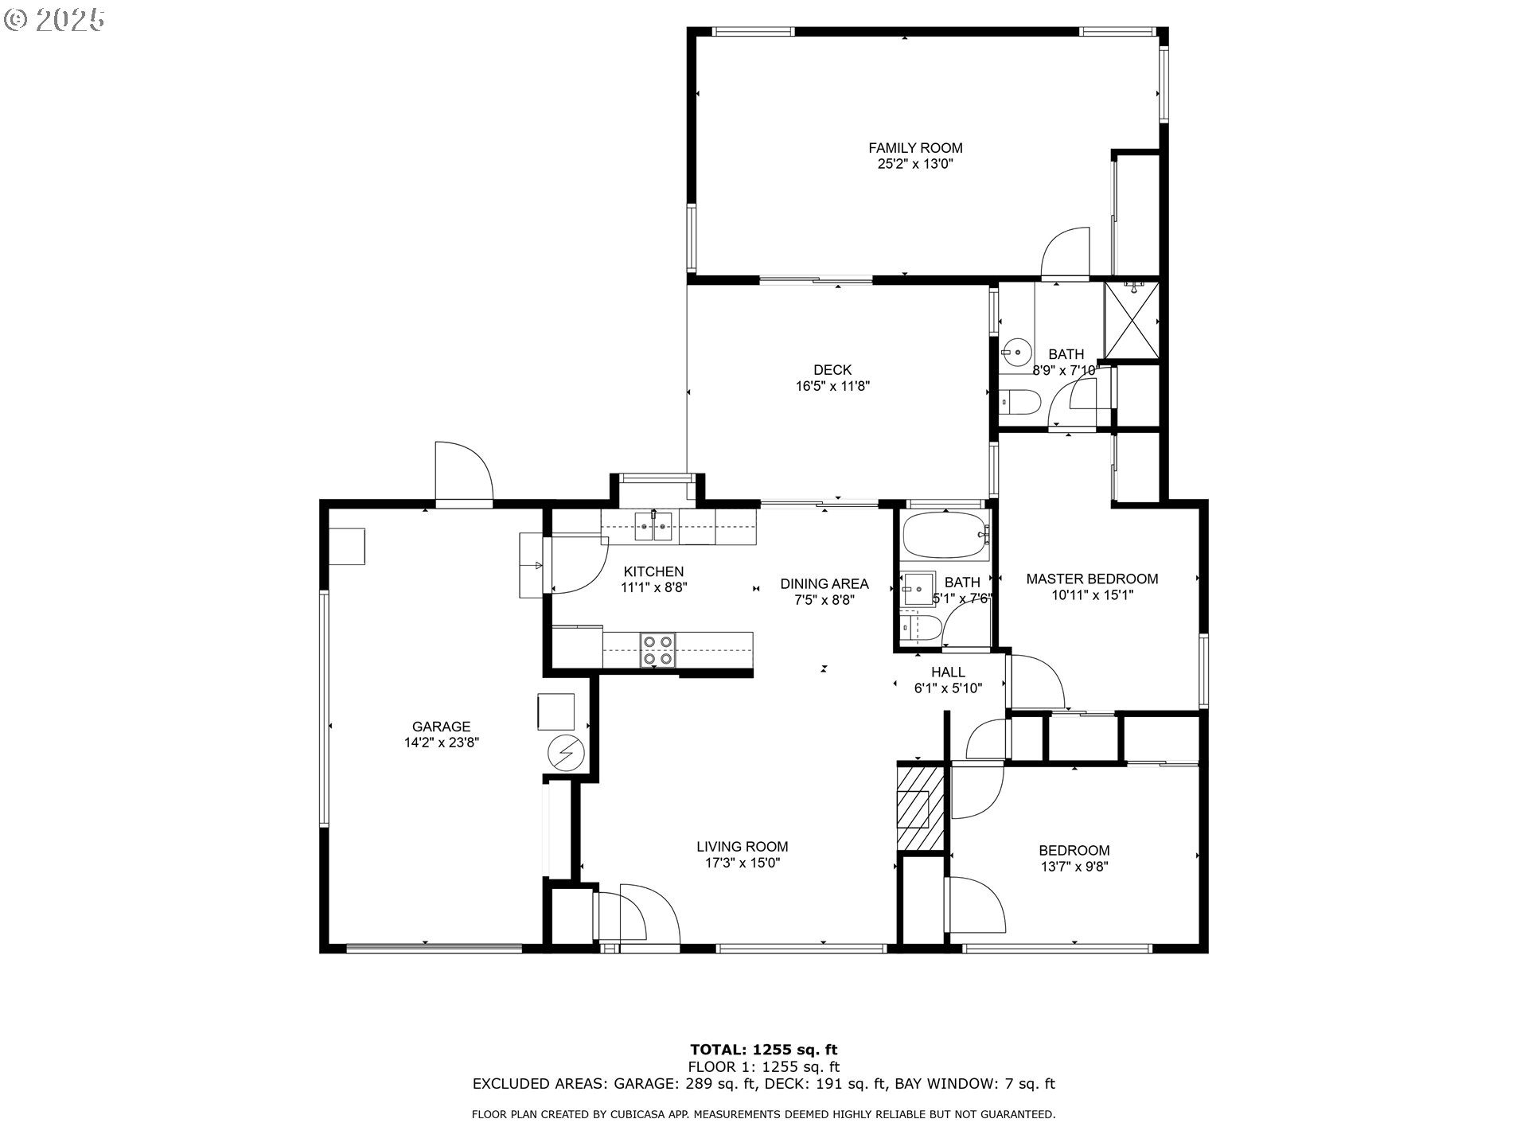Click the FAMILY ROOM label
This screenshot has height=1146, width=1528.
[x=915, y=148]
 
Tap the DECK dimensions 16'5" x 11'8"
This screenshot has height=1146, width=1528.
[x=832, y=387]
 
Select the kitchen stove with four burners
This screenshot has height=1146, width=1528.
[x=658, y=649]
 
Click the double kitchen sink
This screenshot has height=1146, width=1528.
[x=653, y=527]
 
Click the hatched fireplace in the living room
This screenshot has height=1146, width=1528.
[x=920, y=807]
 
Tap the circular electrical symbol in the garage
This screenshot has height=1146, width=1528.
[x=566, y=753]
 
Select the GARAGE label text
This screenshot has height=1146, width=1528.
[x=441, y=727]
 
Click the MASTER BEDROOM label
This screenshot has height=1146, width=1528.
[x=1092, y=579]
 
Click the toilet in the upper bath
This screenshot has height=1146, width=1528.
[x=1018, y=403]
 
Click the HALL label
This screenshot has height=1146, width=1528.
[x=948, y=672]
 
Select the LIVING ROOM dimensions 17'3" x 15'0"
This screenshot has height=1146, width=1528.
[x=743, y=863]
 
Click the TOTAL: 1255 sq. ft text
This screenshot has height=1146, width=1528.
[x=763, y=1050]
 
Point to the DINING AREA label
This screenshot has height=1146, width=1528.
[x=824, y=584]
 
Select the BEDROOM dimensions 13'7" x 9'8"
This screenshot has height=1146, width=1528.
[x=1074, y=867]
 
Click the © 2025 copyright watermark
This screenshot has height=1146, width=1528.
[x=54, y=20]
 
